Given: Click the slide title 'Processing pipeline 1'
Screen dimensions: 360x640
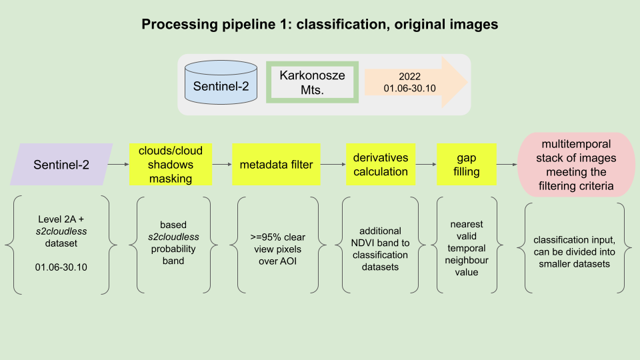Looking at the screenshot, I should [x=319, y=25].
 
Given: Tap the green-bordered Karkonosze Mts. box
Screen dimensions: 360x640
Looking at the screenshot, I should [x=313, y=83].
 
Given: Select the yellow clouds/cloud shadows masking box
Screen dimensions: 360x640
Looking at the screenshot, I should [x=170, y=164].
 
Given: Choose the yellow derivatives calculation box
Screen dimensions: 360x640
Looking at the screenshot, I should [x=381, y=164].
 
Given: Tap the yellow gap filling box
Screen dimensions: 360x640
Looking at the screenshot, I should [x=462, y=164].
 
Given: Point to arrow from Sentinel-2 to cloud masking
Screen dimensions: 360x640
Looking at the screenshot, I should [x=119, y=164].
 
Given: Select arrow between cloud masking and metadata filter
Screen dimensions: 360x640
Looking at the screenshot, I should [x=222, y=164].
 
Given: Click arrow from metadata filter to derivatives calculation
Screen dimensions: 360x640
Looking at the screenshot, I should [x=330, y=164].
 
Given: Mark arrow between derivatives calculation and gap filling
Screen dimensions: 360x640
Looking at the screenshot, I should [x=426, y=164].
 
